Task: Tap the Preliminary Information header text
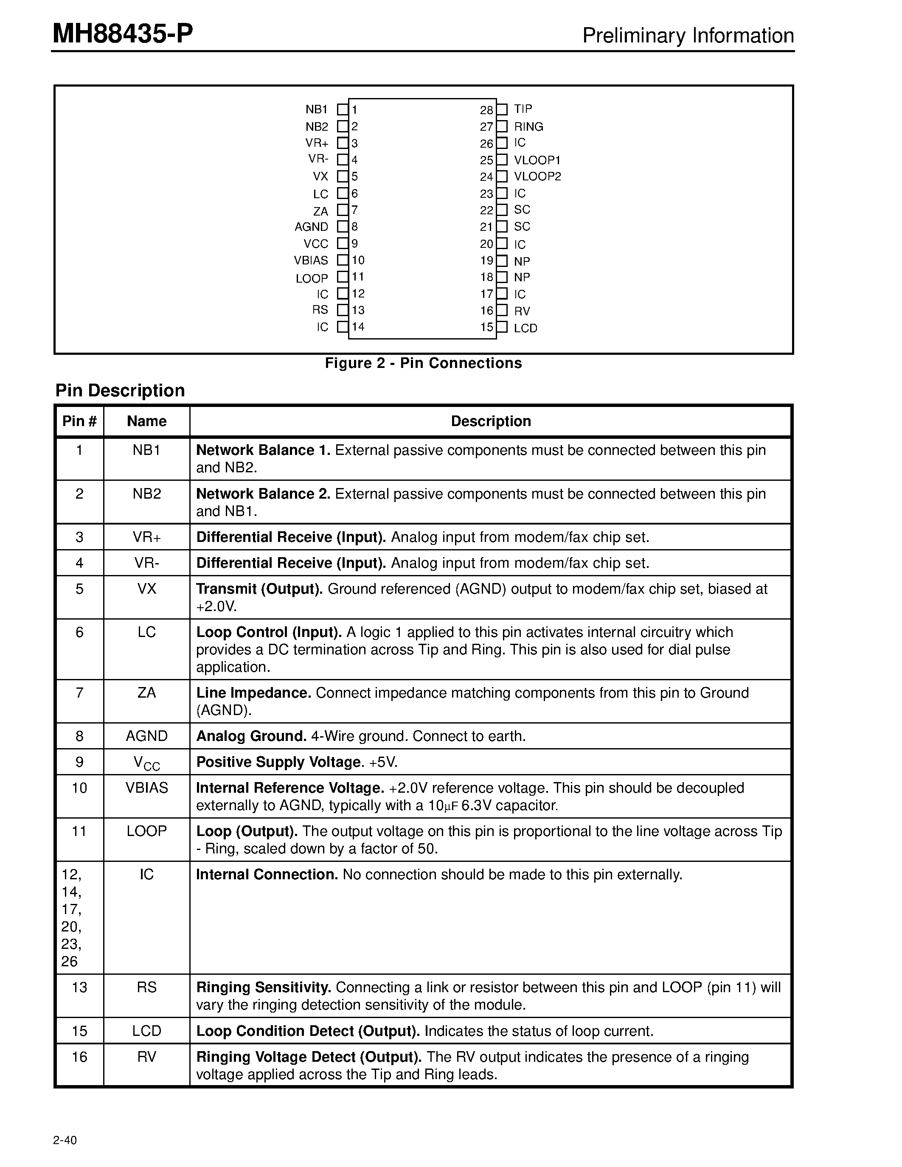tap(688, 36)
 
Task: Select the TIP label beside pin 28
tap(523, 109)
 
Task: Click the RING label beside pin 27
tap(528, 126)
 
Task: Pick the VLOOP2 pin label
tap(537, 177)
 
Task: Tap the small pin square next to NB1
tap(342, 109)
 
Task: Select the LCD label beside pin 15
tap(525, 328)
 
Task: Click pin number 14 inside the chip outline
tap(358, 326)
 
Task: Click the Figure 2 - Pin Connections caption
tap(423, 363)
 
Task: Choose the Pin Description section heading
tap(120, 390)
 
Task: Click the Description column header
tap(491, 421)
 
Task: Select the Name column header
tap(146, 421)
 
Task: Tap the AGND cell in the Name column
tap(146, 736)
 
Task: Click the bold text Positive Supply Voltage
tap(279, 762)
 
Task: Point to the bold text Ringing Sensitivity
tap(264, 987)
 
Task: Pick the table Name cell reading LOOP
tap(146, 831)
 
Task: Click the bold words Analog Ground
tap(251, 736)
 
